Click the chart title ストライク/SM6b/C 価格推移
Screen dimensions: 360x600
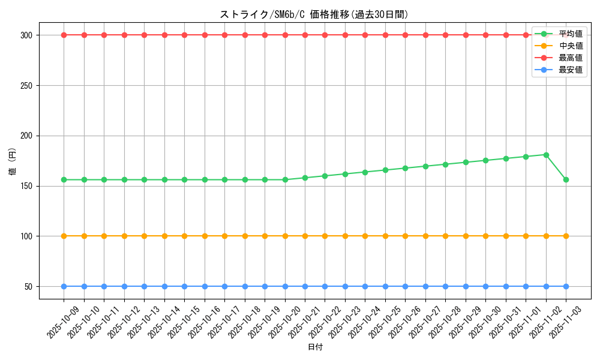314,14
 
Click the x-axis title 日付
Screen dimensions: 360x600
315,347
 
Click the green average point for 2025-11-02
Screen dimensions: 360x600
546,155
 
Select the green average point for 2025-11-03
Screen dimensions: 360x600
566,179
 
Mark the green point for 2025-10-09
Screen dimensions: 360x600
64,179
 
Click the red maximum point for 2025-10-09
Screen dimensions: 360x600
64,35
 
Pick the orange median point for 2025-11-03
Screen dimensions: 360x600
566,236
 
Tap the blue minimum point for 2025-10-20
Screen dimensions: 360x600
285,286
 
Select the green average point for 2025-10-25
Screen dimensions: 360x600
385,170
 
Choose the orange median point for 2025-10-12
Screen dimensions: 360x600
124,236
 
